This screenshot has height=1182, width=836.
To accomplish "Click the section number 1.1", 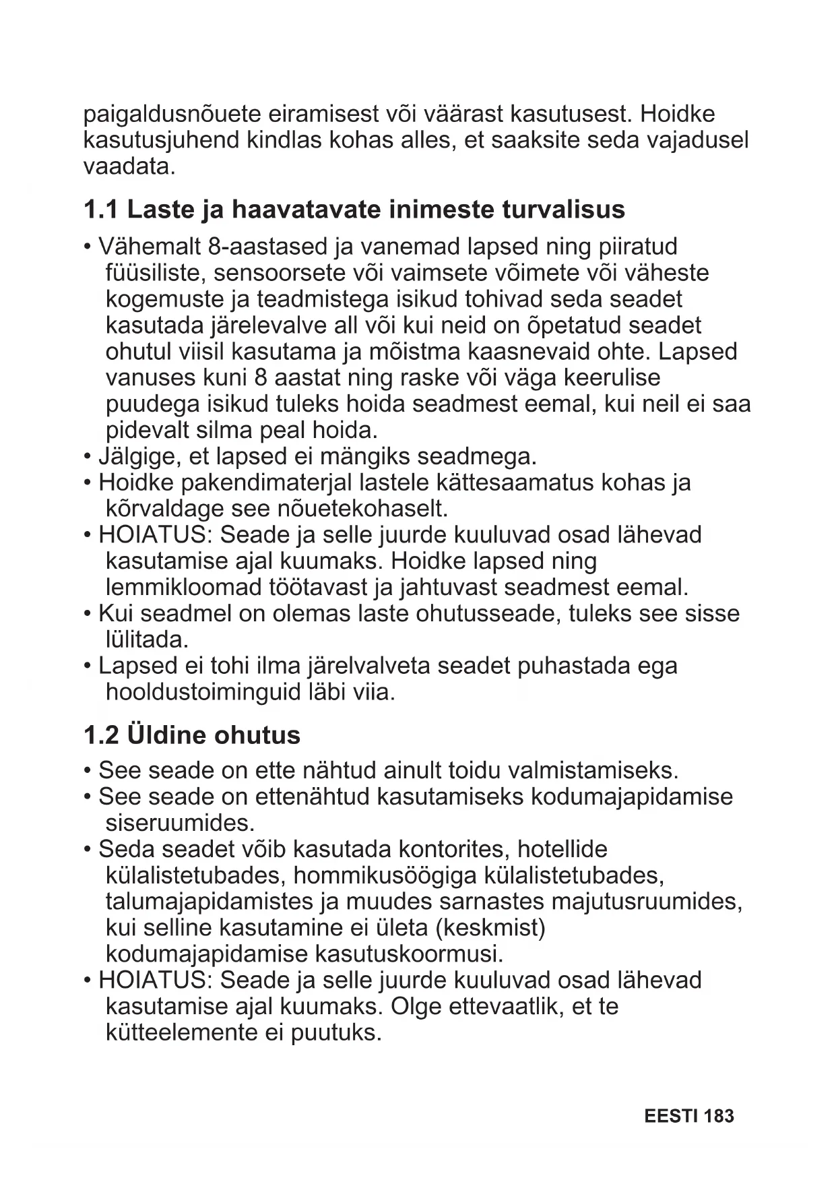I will (100, 210).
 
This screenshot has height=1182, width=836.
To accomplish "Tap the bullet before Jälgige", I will (88, 457).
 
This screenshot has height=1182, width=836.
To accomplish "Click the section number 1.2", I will (100, 735).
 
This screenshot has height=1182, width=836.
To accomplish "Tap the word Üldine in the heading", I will (166, 735).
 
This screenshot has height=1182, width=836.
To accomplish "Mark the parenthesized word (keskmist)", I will (490, 928).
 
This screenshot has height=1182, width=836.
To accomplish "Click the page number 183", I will (719, 1117).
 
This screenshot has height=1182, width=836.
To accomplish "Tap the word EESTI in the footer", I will (670, 1117).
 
